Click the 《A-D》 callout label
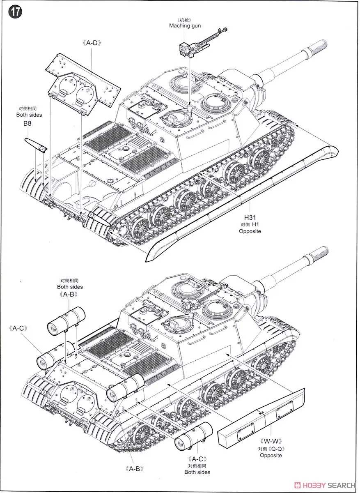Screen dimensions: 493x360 pyautogui.click(x=92, y=42)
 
